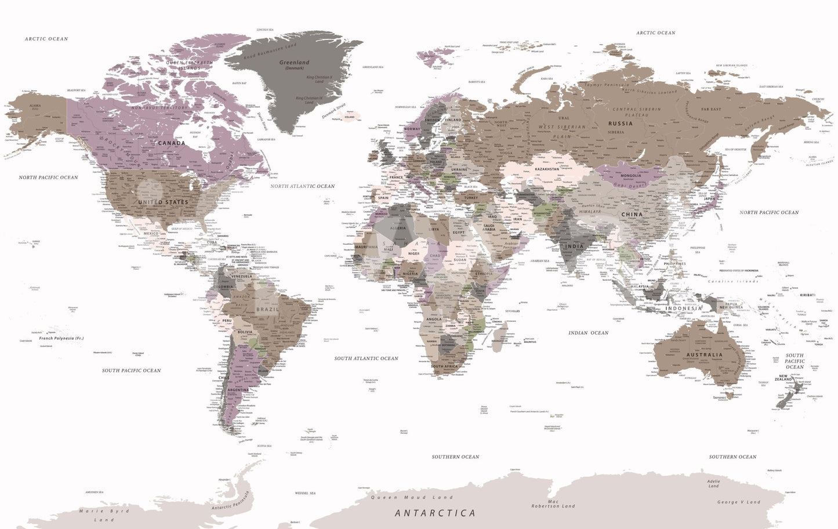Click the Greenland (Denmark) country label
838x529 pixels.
pos(295,64)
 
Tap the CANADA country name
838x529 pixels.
pos(172,143)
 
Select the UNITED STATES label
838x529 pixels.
pos(163,202)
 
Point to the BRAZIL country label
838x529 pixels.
pos(268,310)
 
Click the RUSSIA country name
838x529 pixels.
pos(620,124)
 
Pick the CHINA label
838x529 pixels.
pos(632,214)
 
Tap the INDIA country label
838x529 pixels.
pos(574,246)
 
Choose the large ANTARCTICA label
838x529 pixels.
pos(435,513)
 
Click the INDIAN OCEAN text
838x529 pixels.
pos(588,333)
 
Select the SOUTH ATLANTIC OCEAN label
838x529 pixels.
pos(366,358)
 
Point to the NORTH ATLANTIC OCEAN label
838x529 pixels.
pos(302,186)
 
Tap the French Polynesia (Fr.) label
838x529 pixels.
pos(61,338)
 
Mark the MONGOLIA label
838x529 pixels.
pos(631,176)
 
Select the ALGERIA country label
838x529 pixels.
pos(398,229)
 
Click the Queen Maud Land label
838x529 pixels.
pos(412,498)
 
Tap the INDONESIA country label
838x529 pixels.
pos(683,309)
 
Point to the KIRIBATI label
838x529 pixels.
pos(807,295)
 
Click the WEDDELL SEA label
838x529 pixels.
pos(305,493)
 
